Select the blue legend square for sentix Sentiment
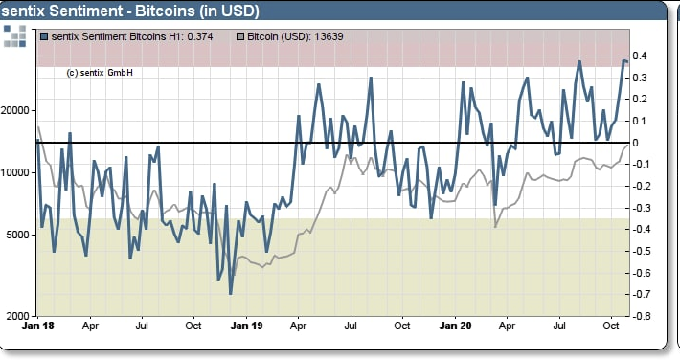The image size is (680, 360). click(45, 36)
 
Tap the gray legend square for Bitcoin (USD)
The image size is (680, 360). click(240, 36)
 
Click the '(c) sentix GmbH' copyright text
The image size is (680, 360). click(100, 73)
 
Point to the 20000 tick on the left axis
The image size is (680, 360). click(19, 110)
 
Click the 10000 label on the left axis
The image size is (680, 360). click(19, 172)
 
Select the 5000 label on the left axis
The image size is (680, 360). click(22, 235)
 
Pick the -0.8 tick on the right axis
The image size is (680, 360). click(640, 316)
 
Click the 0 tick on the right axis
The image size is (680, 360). click(636, 143)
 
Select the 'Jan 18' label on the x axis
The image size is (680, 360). click(37, 326)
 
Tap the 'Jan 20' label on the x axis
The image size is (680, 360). click(454, 326)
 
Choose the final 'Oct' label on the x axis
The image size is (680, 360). click(612, 326)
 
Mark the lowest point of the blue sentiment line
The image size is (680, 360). click(231, 293)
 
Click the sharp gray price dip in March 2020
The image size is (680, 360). click(496, 226)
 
